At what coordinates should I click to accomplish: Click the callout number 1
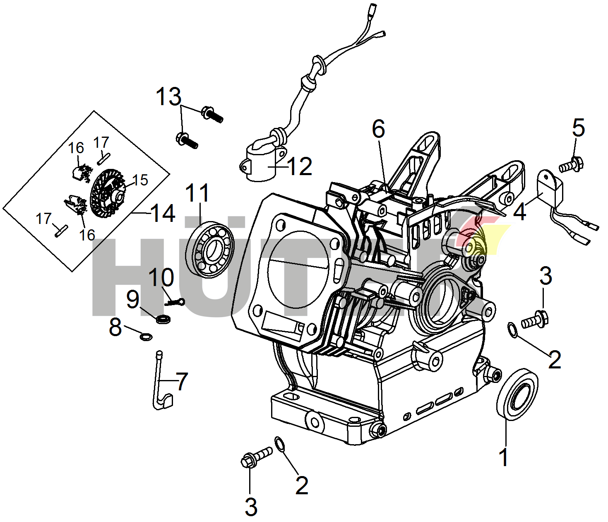tap(504, 457)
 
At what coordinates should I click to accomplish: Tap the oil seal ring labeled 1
tap(517, 396)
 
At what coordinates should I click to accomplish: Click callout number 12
tap(299, 166)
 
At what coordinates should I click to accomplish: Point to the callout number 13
tap(168, 97)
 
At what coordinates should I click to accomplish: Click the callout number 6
tap(378, 129)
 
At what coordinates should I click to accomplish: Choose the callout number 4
tap(519, 212)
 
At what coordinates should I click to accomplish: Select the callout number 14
tap(163, 213)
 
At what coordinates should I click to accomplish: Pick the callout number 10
tap(161, 277)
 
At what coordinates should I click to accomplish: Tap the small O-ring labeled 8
tap(146, 337)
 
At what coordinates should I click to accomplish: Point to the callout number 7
tap(182, 382)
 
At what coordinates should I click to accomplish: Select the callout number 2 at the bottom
tap(302, 485)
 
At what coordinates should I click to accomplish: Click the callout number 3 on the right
tap(546, 276)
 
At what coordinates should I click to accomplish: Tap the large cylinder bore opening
tap(298, 273)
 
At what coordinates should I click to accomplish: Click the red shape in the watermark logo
tap(470, 232)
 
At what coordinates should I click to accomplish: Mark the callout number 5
tap(578, 127)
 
